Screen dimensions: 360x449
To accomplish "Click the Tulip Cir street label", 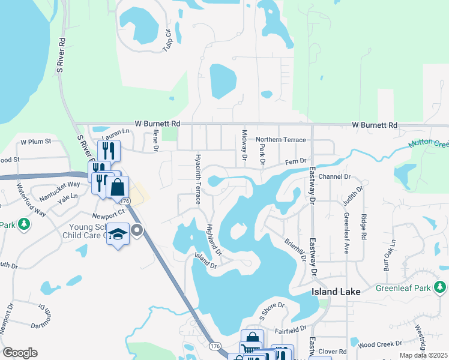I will click(168, 40).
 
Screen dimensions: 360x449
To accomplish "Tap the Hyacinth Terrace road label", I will click(197, 178).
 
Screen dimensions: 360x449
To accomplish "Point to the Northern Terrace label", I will click(281, 139).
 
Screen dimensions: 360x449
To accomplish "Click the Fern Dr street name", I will click(295, 161).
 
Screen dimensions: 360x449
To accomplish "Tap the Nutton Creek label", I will click(429, 145).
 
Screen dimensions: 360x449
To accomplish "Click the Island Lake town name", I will click(336, 292).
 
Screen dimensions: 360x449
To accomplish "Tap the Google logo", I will click(20, 353).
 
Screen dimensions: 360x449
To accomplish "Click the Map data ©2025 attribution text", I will click(423, 355).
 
